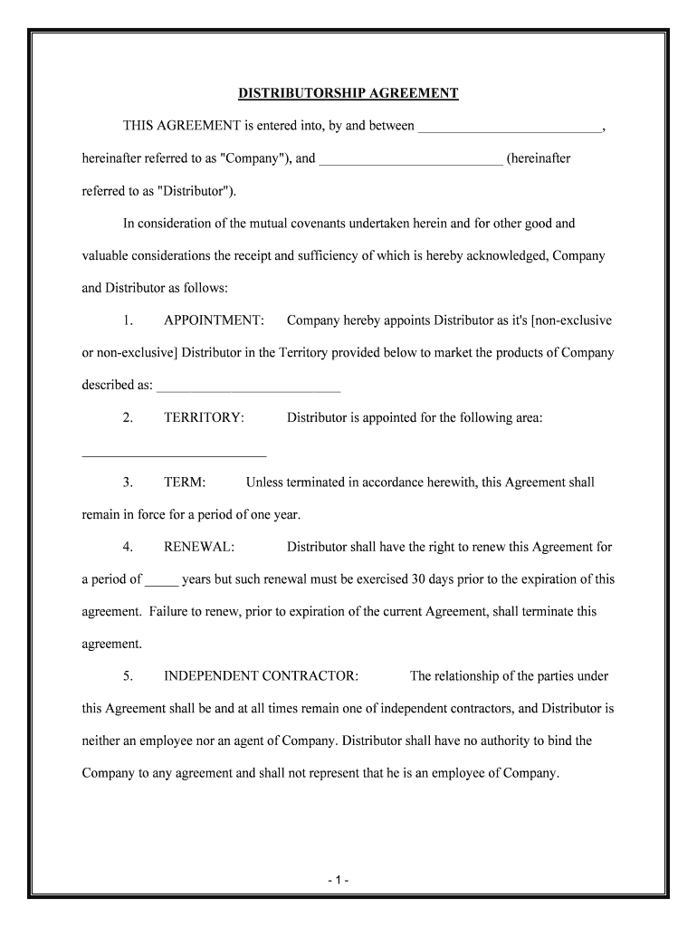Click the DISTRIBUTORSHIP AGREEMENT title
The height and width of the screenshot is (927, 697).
(x=348, y=93)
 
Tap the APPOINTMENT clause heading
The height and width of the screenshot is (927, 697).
(x=214, y=320)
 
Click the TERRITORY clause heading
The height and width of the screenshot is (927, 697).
(x=204, y=417)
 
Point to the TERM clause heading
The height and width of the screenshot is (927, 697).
(x=185, y=483)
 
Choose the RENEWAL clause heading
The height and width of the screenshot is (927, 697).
(x=199, y=547)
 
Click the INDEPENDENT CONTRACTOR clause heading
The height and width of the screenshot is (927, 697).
(x=261, y=676)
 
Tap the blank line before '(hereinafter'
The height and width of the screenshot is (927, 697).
(x=411, y=160)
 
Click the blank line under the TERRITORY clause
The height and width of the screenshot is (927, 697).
(x=174, y=453)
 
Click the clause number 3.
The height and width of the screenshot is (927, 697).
(x=129, y=483)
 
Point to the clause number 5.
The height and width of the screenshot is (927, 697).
(x=129, y=676)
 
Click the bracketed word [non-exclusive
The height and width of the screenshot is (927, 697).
(x=572, y=320)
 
